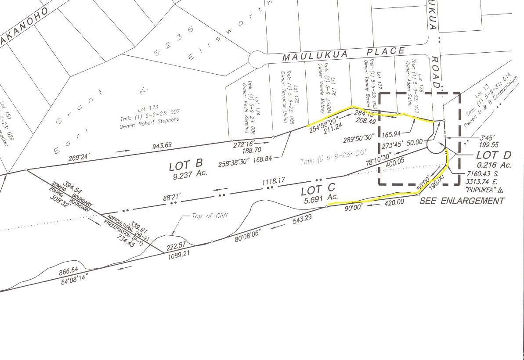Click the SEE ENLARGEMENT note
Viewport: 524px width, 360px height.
[x=462, y=202]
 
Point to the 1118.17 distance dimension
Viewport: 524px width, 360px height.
[x=274, y=180]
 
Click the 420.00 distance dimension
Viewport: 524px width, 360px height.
[x=394, y=202]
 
